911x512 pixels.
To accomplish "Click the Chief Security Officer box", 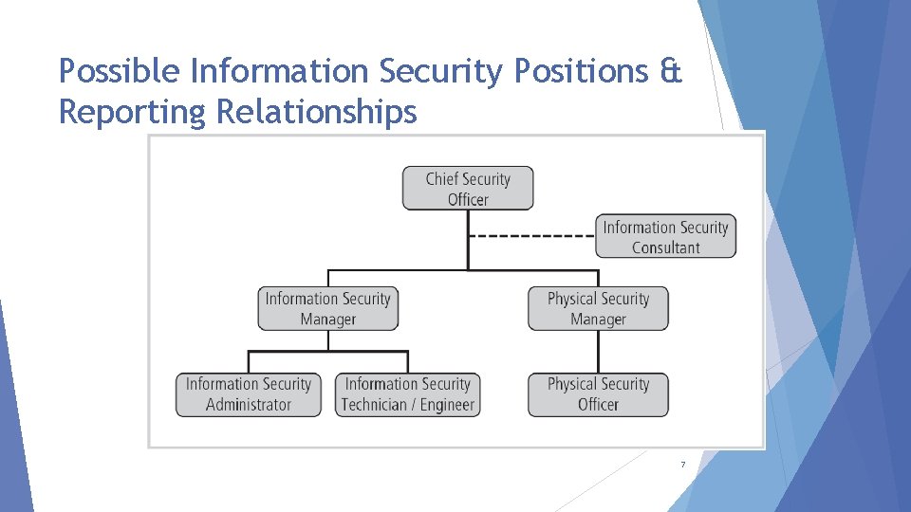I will point(468,188).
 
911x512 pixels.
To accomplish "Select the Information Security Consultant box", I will point(665,237).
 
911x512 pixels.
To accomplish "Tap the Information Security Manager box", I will point(328,309).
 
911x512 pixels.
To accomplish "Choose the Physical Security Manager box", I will point(598,309).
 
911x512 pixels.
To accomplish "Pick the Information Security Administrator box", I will point(249,394).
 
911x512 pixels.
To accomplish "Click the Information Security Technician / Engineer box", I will point(408,394).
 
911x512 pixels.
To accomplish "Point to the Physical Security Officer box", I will point(598,394).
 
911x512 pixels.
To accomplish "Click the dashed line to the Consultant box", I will point(531,236).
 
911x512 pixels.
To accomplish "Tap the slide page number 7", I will point(682,465).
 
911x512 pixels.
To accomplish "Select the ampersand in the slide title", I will point(671,71).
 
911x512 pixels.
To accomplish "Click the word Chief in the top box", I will point(442,178).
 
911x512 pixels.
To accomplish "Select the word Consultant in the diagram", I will point(666,247).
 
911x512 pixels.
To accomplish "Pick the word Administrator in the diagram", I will point(249,405).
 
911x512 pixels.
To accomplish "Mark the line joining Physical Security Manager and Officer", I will point(598,352).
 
